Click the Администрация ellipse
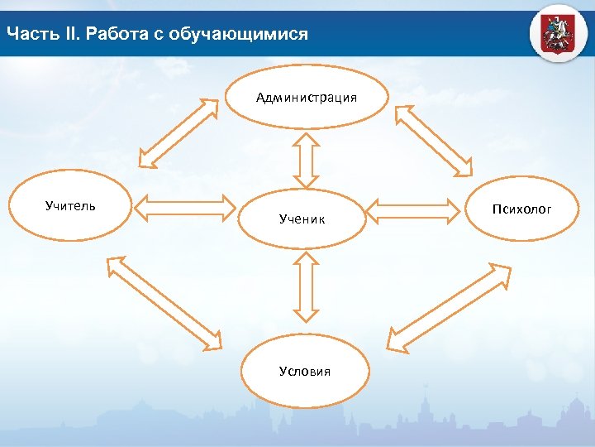tap(307, 98)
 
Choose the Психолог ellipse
tap(521, 209)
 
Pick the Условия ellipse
tap(305, 371)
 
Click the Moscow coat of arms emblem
tap(559, 32)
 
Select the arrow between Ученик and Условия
tap(306, 286)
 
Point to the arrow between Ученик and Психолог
tap(412, 210)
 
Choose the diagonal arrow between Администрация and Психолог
tap(435, 141)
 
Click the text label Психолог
tap(521, 209)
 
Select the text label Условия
tap(305, 371)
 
